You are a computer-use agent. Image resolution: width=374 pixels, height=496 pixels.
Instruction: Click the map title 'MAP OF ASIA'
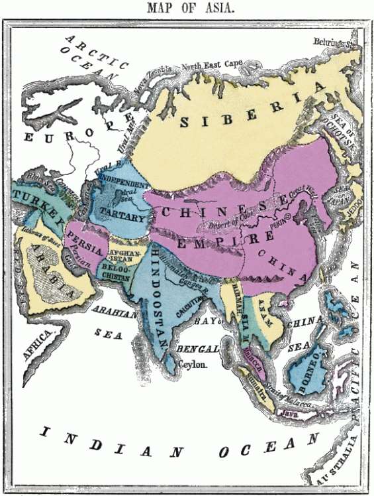point(187,9)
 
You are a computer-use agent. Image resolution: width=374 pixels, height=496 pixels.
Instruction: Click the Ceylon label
point(193,365)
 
